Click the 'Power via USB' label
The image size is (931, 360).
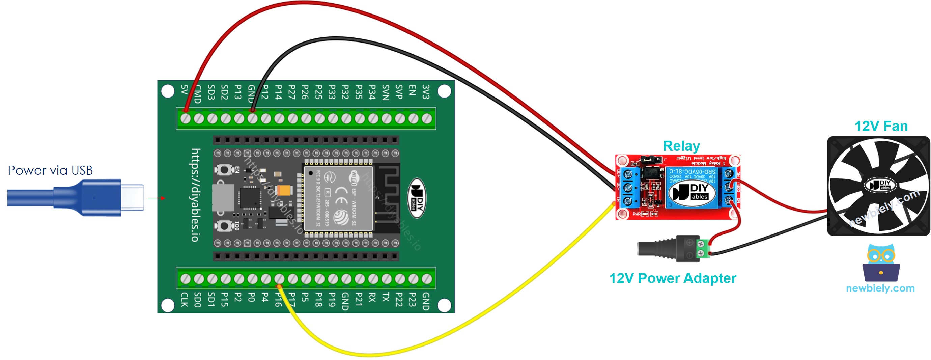pyautogui.click(x=50, y=170)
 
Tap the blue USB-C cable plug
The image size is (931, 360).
pyautogui.click(x=97, y=197)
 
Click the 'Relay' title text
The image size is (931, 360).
pyautogui.click(x=681, y=146)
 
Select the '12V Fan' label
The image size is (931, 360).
pyautogui.click(x=880, y=126)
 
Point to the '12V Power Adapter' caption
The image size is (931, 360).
pyautogui.click(x=672, y=278)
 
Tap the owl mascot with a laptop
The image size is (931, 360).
pyautogui.click(x=880, y=263)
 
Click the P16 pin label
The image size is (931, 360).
pyautogui.click(x=278, y=299)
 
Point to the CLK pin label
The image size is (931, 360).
pyautogui.click(x=184, y=300)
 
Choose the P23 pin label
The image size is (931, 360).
pyautogui.click(x=412, y=299)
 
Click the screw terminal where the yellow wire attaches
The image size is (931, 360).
pyautogui.click(x=279, y=279)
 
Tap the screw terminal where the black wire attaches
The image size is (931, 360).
pyautogui.click(x=252, y=118)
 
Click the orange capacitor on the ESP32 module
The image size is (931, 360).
pyautogui.click(x=284, y=190)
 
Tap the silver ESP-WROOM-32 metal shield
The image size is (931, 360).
pyautogui.click(x=338, y=198)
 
